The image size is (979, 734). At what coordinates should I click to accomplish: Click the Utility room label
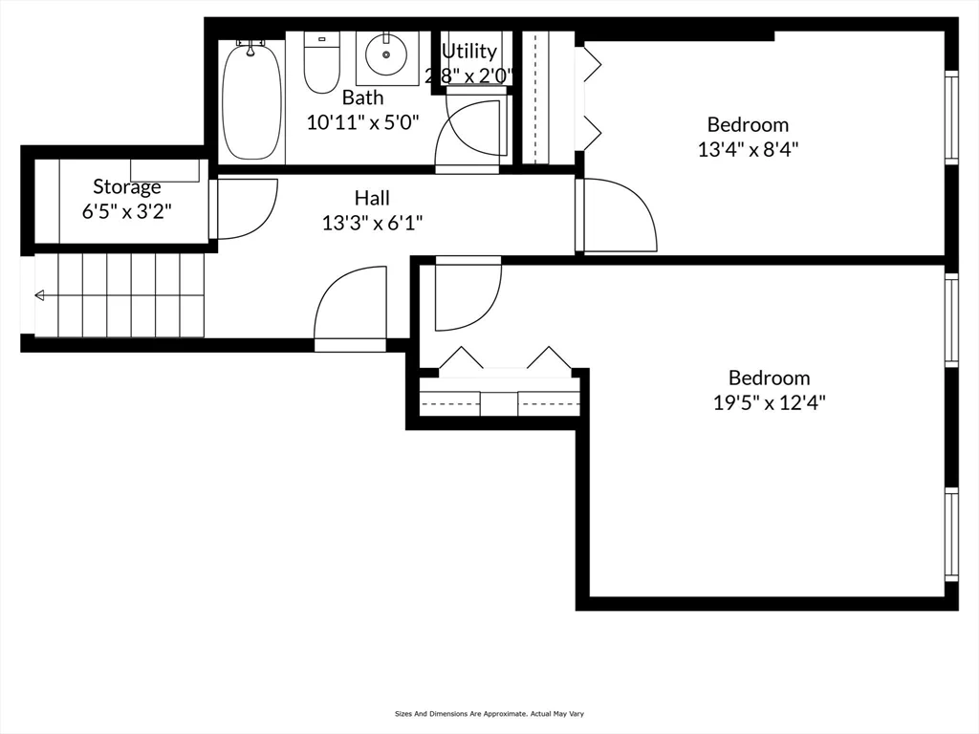tap(468, 52)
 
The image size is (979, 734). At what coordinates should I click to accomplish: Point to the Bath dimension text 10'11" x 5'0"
tap(363, 122)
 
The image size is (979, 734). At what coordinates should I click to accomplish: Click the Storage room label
tap(126, 186)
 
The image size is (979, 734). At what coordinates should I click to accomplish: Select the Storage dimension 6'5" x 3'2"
tap(126, 211)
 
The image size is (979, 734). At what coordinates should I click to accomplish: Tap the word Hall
tap(372, 198)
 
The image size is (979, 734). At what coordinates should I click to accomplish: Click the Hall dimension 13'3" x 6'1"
tap(372, 223)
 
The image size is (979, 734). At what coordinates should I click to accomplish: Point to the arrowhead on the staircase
tap(39, 296)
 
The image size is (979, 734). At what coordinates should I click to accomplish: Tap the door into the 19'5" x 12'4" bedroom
tap(468, 293)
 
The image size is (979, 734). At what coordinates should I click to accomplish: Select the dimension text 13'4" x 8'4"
tap(748, 149)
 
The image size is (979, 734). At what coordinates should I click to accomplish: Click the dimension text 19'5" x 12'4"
tap(769, 403)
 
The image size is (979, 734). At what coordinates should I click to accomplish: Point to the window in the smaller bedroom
tap(950, 117)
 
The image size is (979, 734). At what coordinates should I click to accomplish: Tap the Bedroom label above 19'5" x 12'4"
tap(769, 378)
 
